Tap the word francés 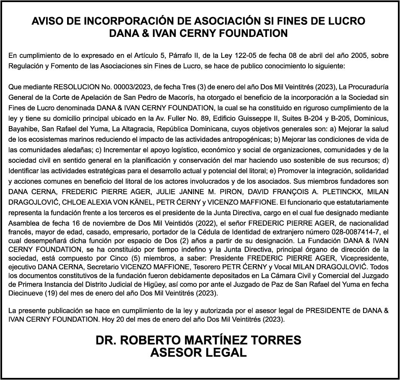[20, 232]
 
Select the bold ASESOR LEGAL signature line [198, 353]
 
